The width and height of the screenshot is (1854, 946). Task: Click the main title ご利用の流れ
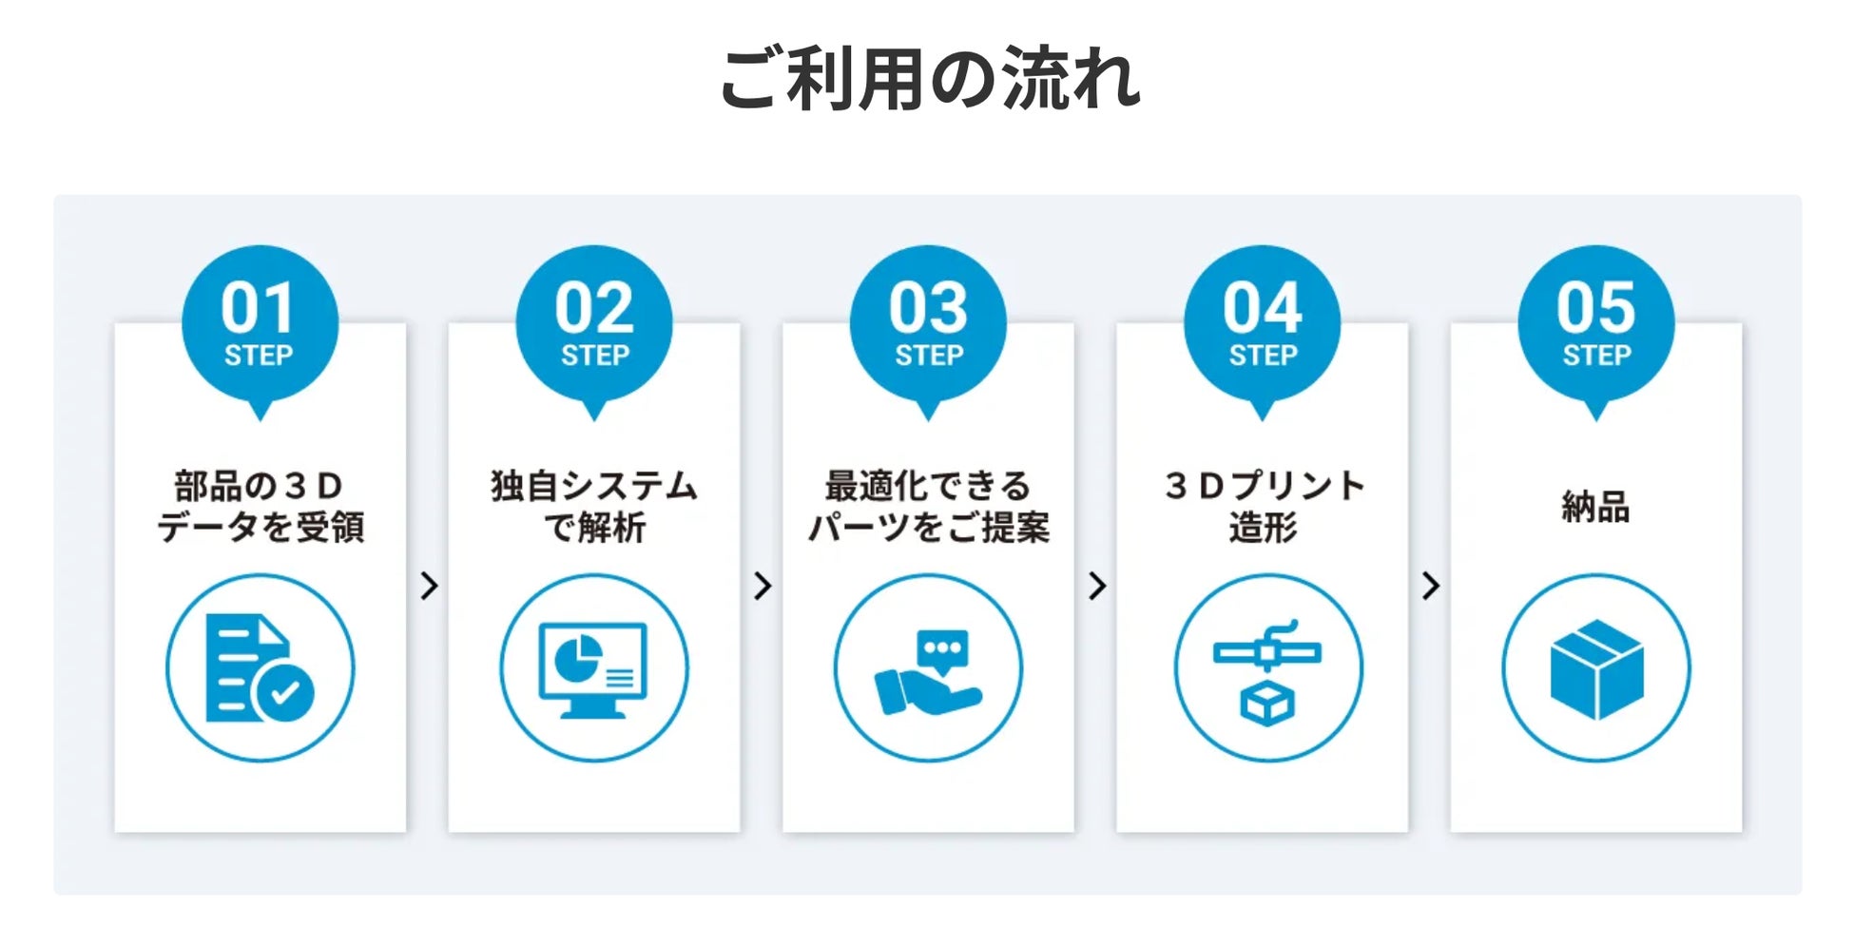click(x=929, y=78)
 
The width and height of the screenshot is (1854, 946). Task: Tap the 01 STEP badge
click(x=260, y=323)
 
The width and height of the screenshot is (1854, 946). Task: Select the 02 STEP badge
click(x=594, y=323)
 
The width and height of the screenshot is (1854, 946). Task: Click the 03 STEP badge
click(x=928, y=323)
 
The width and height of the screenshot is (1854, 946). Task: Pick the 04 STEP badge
click(x=1262, y=323)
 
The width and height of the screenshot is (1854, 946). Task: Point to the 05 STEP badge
click(x=1596, y=323)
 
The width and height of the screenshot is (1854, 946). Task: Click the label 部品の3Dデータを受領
click(x=260, y=506)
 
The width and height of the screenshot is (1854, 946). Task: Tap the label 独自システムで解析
click(x=594, y=506)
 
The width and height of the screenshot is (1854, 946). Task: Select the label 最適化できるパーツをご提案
click(x=928, y=506)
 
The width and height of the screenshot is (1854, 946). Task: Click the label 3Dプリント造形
click(x=1263, y=506)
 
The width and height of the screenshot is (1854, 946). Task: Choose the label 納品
click(x=1596, y=507)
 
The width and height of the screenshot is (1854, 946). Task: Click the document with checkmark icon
click(x=260, y=667)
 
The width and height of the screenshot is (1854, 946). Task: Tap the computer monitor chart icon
click(x=594, y=667)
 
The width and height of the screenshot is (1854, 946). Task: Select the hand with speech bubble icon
click(x=928, y=667)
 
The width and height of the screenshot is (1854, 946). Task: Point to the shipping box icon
click(x=1596, y=667)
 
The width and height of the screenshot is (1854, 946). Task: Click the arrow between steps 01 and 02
click(x=429, y=586)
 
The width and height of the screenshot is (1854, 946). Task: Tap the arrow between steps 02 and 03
click(x=763, y=586)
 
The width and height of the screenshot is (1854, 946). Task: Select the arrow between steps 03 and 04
click(x=1097, y=586)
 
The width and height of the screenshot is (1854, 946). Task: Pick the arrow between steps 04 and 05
click(x=1431, y=586)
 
